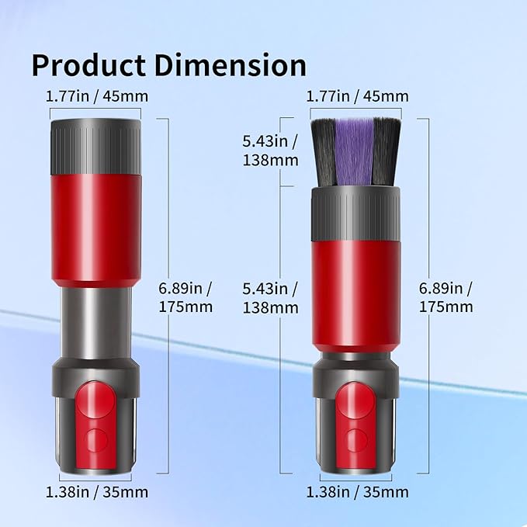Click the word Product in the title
[x=88, y=66]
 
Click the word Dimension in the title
[x=231, y=65]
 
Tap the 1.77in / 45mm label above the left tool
[x=97, y=96]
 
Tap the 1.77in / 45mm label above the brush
[x=357, y=96]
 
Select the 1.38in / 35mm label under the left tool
[x=97, y=492]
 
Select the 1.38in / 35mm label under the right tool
[x=357, y=492]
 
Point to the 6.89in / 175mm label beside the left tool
[x=185, y=297]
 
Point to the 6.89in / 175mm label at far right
[x=446, y=297]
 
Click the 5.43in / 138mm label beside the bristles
[x=271, y=151]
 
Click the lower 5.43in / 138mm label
[x=271, y=298]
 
